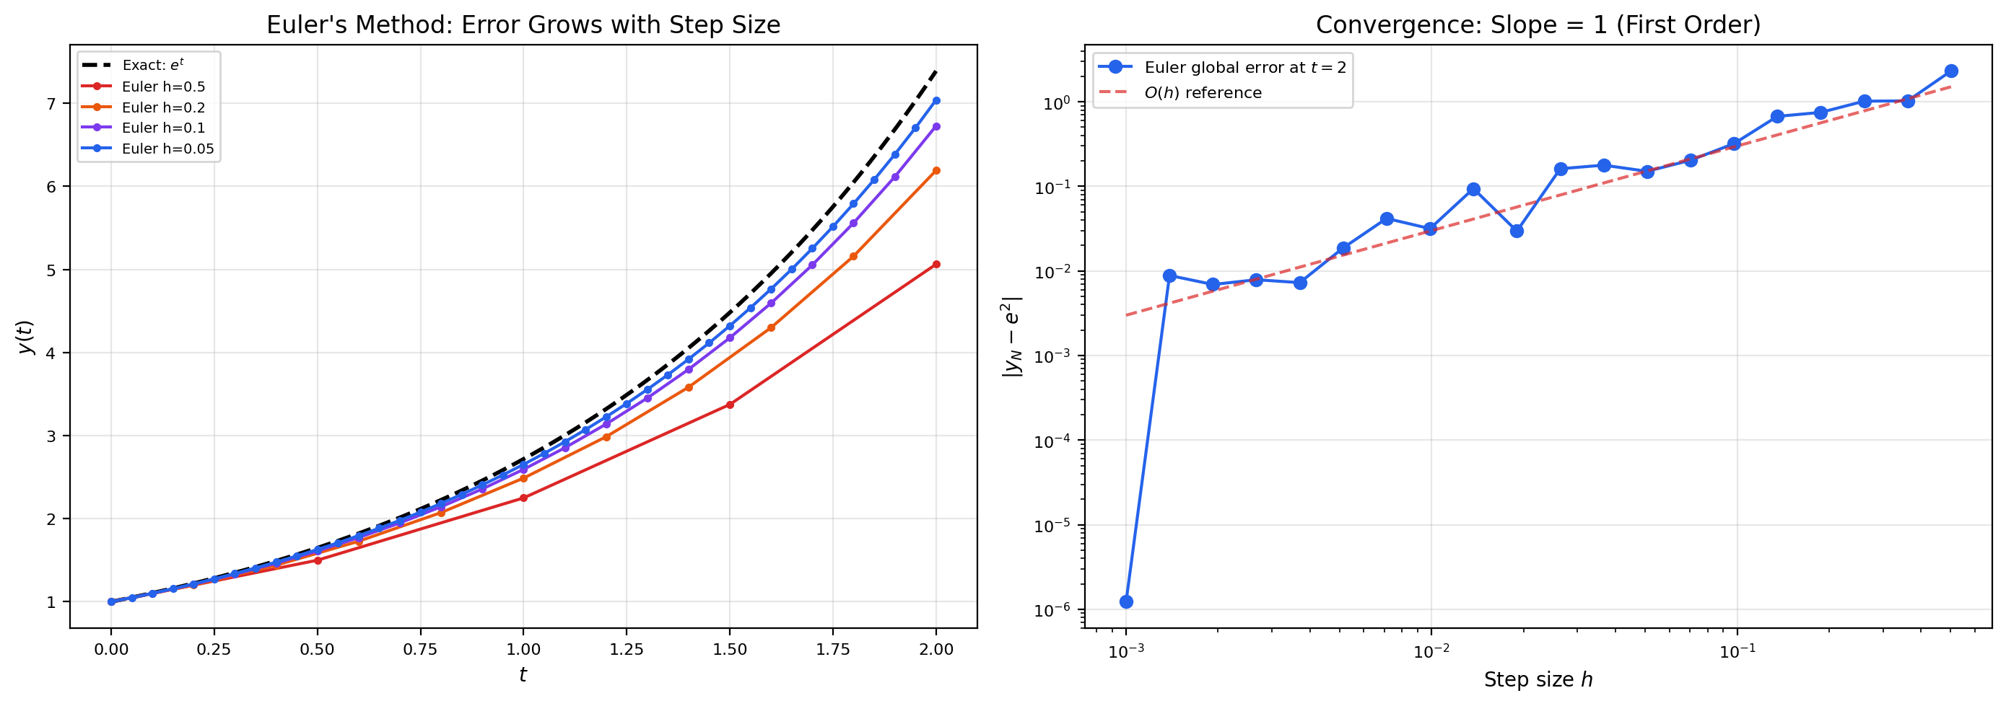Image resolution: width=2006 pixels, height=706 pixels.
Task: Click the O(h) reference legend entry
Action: [x=1203, y=92]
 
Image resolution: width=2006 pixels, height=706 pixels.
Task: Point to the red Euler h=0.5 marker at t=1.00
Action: [x=523, y=498]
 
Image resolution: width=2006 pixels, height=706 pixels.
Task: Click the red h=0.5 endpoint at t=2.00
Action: [x=936, y=265]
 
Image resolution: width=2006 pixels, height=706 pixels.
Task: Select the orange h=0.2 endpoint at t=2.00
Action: [x=936, y=170]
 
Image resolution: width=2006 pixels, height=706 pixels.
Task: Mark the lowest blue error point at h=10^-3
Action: [x=1126, y=601]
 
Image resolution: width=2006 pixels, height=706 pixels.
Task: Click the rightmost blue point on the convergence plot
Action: [x=1950, y=71]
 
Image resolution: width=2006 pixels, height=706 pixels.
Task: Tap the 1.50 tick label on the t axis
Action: [x=730, y=650]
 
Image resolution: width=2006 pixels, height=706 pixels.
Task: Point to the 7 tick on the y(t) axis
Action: [x=51, y=104]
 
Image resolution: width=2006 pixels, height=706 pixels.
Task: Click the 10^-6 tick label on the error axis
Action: [x=1054, y=609]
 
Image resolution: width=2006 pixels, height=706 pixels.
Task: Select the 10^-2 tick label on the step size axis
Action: [x=1431, y=650]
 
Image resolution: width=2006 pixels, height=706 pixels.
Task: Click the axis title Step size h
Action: [x=1538, y=679]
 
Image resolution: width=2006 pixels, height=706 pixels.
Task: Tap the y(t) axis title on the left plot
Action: [x=27, y=336]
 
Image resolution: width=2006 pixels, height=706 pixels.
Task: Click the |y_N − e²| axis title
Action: [x=1011, y=336]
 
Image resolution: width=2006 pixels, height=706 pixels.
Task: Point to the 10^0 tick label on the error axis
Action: [x=1057, y=102]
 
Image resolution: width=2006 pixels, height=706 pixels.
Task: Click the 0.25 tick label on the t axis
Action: [x=214, y=650]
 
